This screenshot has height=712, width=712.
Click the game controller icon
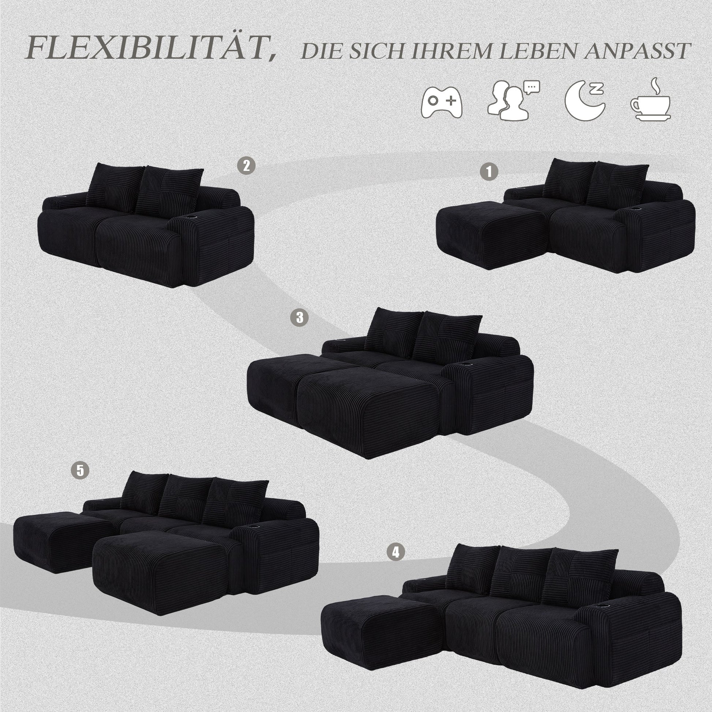pos(442,102)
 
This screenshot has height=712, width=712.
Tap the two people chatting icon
pos(513,100)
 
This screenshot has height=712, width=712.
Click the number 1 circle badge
pos(489,172)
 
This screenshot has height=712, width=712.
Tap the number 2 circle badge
pos(246,165)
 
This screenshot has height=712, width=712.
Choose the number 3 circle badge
pos(299,317)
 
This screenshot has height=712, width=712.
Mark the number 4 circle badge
pos(396,562)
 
